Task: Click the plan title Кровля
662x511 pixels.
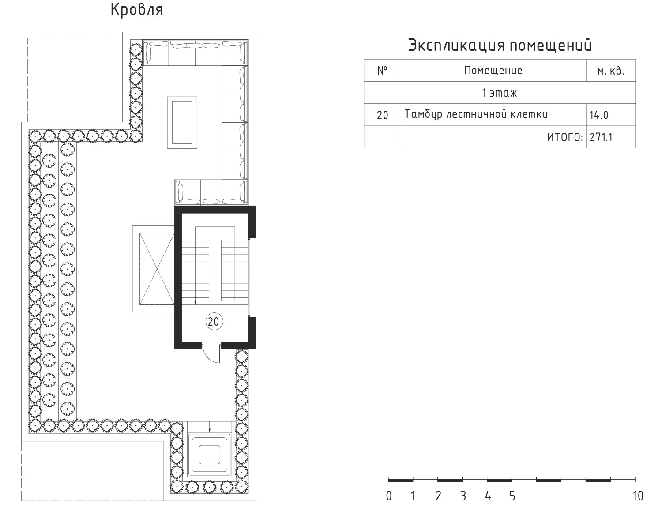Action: [137, 10]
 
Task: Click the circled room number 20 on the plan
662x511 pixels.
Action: [214, 322]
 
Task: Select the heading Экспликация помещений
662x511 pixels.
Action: [500, 45]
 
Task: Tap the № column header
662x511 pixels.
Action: [382, 70]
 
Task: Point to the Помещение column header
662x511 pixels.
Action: [493, 71]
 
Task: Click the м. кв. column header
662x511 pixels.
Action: [611, 71]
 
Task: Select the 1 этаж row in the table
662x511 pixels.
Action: [499, 93]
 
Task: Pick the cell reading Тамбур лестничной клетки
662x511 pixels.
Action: [476, 114]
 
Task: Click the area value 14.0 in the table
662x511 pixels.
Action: [598, 115]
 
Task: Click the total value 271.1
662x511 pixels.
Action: [601, 138]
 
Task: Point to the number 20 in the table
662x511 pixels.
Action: [382, 115]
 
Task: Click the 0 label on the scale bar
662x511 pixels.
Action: [389, 496]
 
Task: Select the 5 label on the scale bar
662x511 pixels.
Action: [512, 496]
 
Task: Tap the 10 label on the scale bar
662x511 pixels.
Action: [638, 496]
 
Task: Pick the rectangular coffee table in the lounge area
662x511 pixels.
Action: [182, 122]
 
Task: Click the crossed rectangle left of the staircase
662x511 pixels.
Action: [157, 269]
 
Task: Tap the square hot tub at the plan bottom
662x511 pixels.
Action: [209, 455]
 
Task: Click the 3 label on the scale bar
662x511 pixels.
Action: [463, 496]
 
